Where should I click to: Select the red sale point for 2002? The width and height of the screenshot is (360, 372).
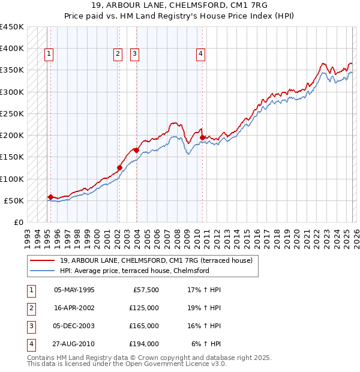point(119,168)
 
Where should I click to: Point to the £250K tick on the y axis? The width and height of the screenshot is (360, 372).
point(13,113)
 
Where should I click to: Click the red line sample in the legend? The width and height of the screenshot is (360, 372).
point(43,260)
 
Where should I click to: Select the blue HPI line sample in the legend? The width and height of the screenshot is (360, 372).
point(43,271)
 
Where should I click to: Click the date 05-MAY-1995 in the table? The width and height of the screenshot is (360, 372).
point(74,290)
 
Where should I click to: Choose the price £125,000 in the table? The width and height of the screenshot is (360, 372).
point(144,308)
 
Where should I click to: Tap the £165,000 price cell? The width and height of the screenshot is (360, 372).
point(144,326)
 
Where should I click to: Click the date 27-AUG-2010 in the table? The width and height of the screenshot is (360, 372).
point(74,344)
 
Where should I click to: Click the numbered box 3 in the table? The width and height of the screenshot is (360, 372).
point(30,326)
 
